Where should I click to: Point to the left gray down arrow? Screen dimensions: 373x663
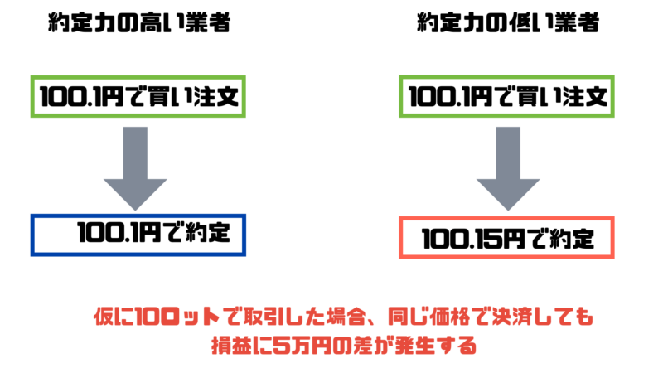137,165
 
